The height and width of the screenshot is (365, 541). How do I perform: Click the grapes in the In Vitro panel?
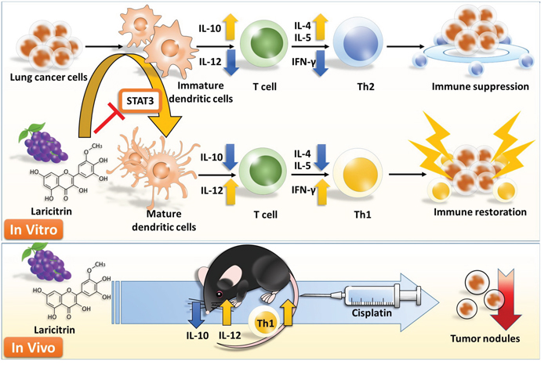click(44, 141)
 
